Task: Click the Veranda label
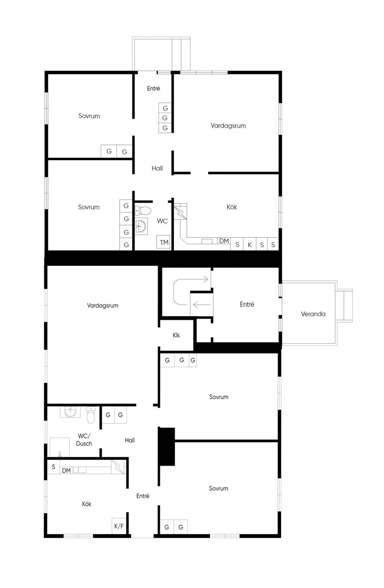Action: [x=313, y=314]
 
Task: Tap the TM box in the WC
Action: [x=163, y=242]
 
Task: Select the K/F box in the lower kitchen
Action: [x=119, y=526]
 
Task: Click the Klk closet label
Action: [x=176, y=335]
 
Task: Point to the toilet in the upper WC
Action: [x=143, y=210]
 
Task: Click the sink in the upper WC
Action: [x=141, y=226]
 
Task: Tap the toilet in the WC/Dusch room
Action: [x=91, y=415]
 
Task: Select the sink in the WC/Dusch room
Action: [x=70, y=412]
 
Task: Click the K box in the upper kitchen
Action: [x=249, y=244]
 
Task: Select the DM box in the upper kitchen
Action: [x=224, y=241]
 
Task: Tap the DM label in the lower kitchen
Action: [x=66, y=471]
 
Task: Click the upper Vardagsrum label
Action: [x=228, y=126]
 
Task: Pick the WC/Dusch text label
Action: [x=84, y=440]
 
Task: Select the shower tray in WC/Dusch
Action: [x=60, y=447]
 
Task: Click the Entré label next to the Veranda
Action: [x=247, y=304]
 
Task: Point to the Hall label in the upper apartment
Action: [x=157, y=168]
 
